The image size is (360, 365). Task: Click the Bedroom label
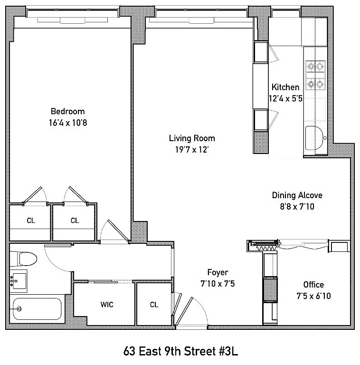click(67, 111)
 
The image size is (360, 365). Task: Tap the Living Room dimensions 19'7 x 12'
click(192, 149)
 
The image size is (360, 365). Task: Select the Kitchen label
click(285, 87)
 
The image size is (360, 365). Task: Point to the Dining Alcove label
click(297, 195)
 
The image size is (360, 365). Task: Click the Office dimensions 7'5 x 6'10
click(313, 296)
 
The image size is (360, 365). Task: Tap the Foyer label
click(218, 272)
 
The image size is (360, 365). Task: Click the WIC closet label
click(107, 305)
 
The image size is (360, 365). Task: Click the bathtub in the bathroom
click(37, 309)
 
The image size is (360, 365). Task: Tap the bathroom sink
click(19, 281)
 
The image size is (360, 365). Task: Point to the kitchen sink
click(314, 138)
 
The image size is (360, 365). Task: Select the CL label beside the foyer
click(154, 305)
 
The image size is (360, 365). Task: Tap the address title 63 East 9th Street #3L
click(180, 351)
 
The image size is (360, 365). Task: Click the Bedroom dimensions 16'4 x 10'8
click(68, 123)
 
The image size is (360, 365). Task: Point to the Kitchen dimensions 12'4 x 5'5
click(285, 98)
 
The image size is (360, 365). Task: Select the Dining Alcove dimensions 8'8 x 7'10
click(297, 206)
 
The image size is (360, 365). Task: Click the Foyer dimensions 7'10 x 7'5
click(218, 284)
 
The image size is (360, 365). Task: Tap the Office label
click(313, 285)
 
